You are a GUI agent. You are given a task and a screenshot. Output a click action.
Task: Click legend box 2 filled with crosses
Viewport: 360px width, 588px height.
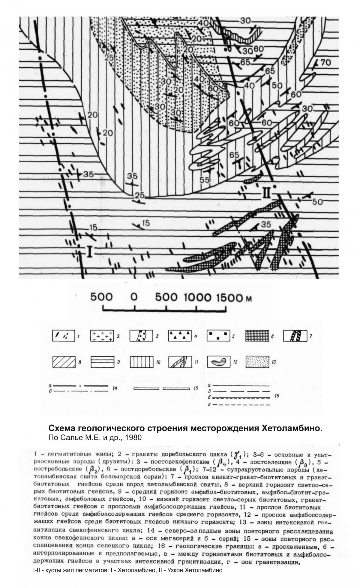click(x=102, y=336)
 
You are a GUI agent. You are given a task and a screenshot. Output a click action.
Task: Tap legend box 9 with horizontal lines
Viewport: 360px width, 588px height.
click(x=102, y=362)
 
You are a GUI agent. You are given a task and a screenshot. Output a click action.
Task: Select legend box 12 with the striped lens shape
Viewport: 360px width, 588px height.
click(x=218, y=362)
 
